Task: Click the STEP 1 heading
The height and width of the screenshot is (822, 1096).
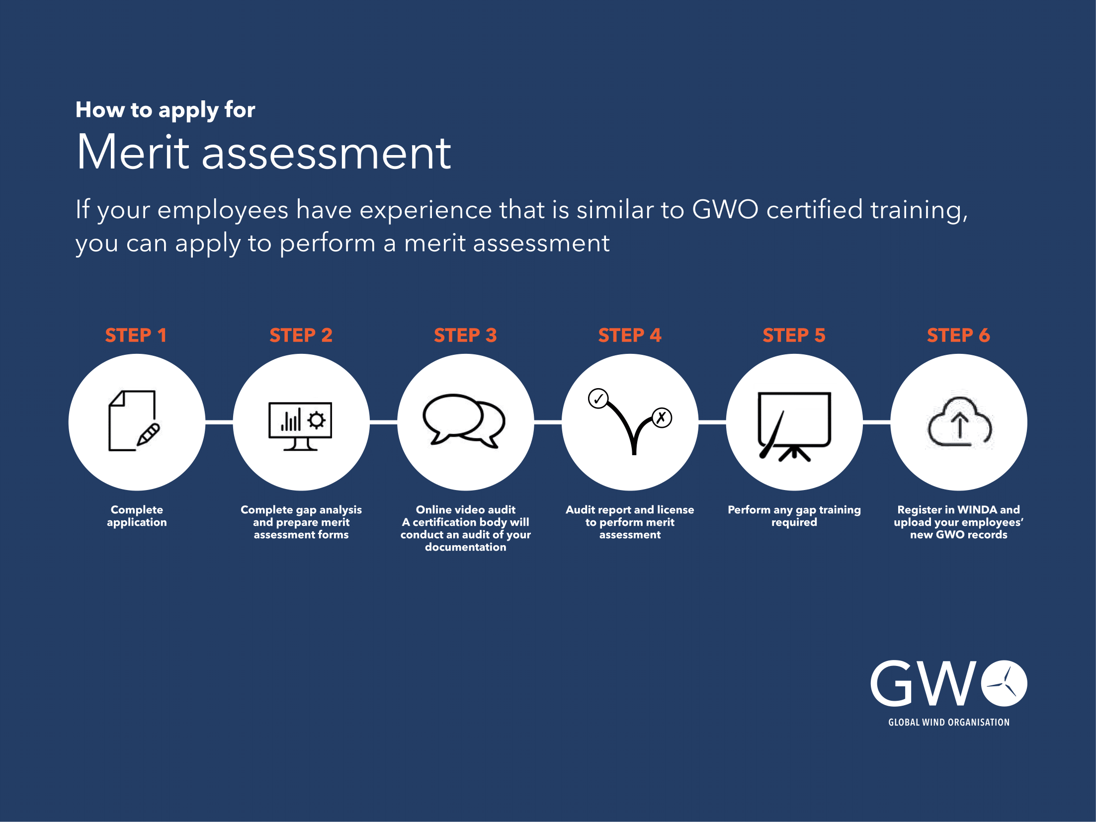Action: tap(136, 335)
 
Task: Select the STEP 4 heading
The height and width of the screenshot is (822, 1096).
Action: tap(630, 335)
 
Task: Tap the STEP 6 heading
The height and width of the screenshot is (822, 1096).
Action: tap(958, 335)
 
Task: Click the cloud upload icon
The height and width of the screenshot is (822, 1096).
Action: tap(960, 422)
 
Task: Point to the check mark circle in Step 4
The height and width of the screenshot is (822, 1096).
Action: tap(598, 399)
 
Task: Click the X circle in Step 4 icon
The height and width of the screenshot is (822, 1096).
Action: tap(662, 417)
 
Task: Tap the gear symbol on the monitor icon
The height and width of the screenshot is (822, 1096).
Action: tap(317, 420)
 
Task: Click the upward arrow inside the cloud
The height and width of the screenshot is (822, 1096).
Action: tap(960, 426)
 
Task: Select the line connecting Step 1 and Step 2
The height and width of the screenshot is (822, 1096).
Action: tap(219, 422)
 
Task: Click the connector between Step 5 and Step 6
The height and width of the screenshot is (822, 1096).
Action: tap(876, 422)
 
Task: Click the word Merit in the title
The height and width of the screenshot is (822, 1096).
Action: tap(133, 153)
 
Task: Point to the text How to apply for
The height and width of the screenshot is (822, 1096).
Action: tap(165, 110)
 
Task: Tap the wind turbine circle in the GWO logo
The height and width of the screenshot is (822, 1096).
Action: tap(1004, 683)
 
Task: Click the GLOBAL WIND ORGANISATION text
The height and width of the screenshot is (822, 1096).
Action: tap(949, 723)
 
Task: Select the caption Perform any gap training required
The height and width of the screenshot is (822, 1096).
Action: tap(794, 516)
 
